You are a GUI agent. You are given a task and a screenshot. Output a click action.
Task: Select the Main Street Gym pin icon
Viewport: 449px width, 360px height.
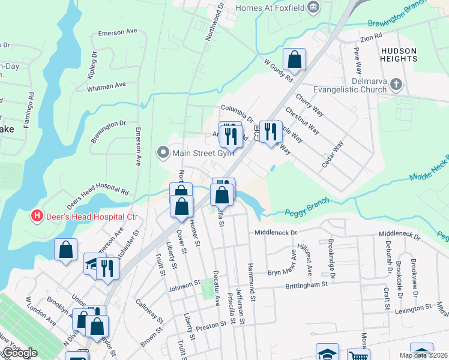[x=162, y=152]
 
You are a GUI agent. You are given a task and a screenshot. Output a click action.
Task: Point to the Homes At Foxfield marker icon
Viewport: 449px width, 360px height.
[x=312, y=7]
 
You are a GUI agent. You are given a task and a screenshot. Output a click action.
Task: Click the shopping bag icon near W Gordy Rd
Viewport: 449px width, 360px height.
[x=295, y=60]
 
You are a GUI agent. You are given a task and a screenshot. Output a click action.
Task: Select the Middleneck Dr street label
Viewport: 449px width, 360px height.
[x=276, y=232]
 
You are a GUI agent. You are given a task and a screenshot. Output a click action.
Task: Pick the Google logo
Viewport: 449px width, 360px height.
[x=19, y=353]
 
